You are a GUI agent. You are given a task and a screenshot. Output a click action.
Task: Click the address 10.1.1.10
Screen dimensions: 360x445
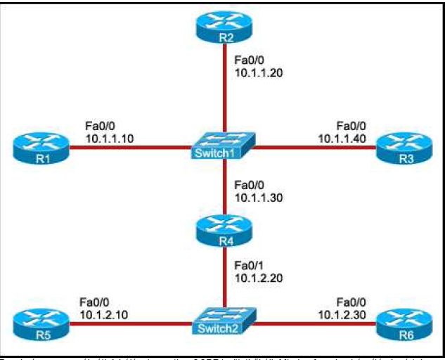(110, 139)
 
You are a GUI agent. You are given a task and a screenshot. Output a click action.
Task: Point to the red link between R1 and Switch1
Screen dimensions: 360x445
(127, 148)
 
